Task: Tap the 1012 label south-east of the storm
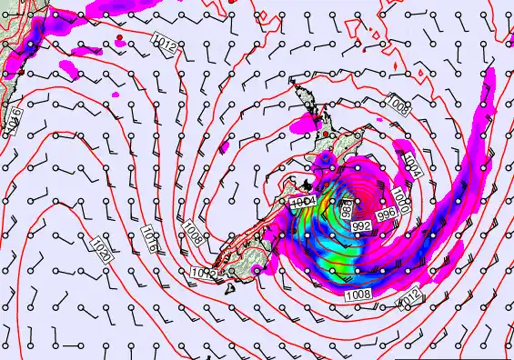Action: [x=412, y=295]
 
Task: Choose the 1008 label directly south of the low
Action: [x=358, y=294]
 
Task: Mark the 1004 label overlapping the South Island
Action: [x=303, y=201]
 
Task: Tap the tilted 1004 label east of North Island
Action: [x=414, y=165]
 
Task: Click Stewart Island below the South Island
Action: [x=229, y=288]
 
